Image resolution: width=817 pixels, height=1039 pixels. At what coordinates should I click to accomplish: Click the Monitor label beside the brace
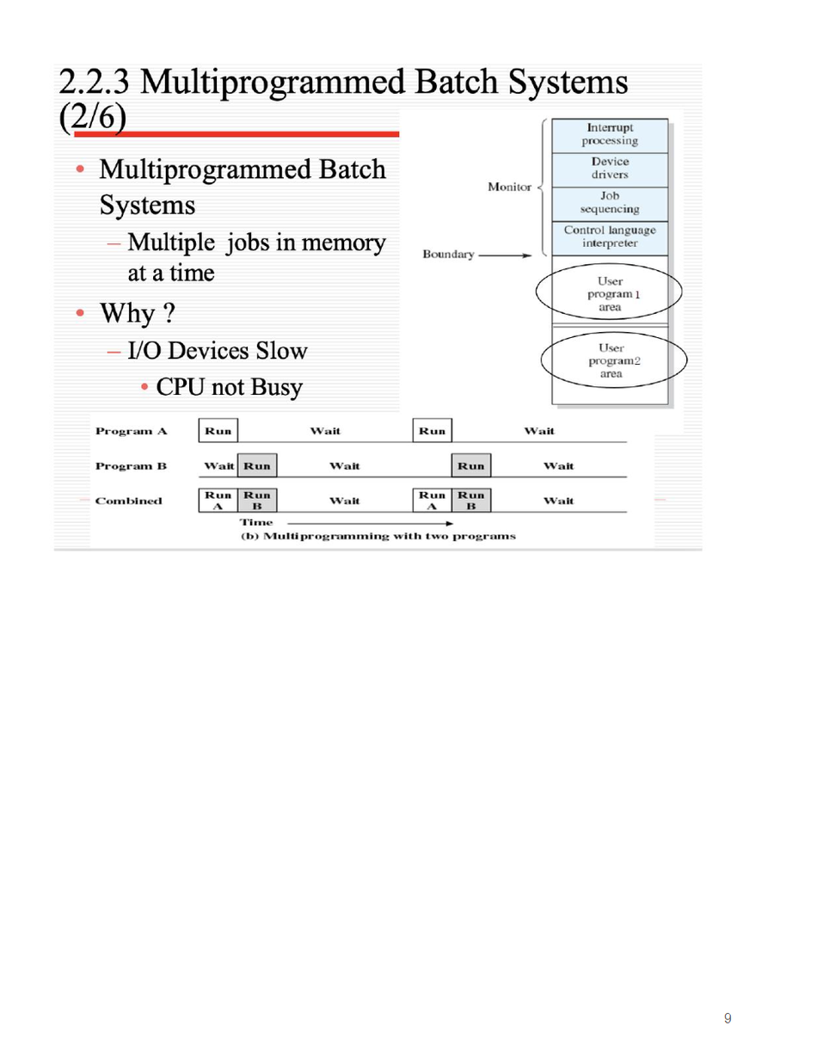pyautogui.click(x=508, y=187)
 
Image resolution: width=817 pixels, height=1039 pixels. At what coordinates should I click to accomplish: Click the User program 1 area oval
pyautogui.click(x=609, y=293)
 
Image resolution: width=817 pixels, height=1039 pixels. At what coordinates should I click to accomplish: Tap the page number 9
pyautogui.click(x=728, y=1019)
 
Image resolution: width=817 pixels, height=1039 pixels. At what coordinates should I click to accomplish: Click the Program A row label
pyautogui.click(x=131, y=430)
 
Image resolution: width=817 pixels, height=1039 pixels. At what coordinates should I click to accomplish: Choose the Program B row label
pyautogui.click(x=131, y=466)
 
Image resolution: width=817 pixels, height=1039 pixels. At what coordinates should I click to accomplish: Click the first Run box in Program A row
pyautogui.click(x=218, y=430)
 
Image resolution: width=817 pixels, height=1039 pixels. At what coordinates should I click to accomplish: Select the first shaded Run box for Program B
pyautogui.click(x=257, y=466)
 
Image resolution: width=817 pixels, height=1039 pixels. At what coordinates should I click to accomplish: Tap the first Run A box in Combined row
pyautogui.click(x=218, y=501)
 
